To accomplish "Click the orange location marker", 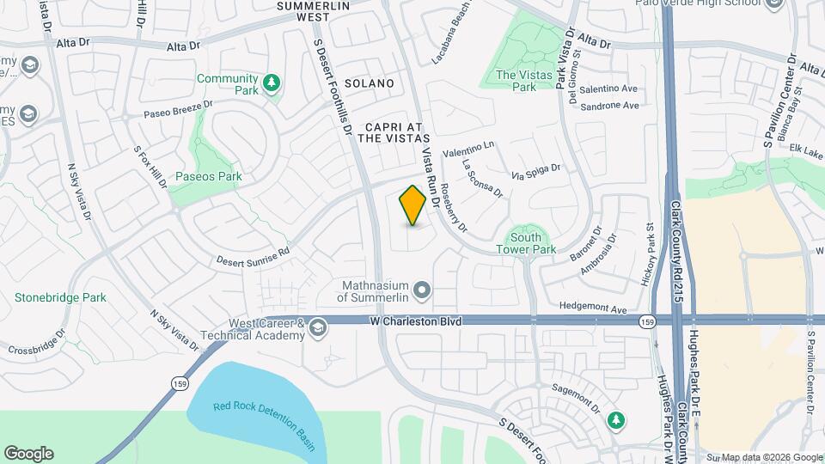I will (x=412, y=205).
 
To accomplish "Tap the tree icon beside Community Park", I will (x=272, y=82).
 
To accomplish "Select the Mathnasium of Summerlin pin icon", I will (x=421, y=291).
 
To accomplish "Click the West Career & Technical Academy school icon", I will (x=318, y=327).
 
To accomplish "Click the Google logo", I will (x=28, y=454).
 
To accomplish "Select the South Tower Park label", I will (x=525, y=243).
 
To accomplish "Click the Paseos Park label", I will (x=208, y=176).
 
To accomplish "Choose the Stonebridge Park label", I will (x=60, y=297).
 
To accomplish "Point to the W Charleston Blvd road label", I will (x=417, y=321).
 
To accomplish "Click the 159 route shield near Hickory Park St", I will (x=645, y=321).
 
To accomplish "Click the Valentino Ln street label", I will (x=469, y=149).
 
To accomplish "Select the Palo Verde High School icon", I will (x=774, y=3).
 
